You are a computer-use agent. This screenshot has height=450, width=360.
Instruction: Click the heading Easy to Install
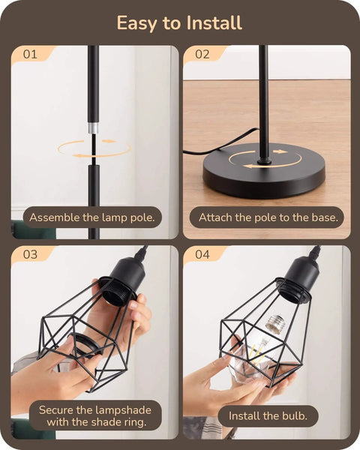pyautogui.click(x=179, y=23)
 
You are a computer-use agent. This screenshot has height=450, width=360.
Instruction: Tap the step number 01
pyautogui.click(x=30, y=55)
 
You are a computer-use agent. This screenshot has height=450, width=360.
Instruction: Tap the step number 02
pyautogui.click(x=202, y=55)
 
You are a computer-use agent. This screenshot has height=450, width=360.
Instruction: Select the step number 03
pyautogui.click(x=30, y=254)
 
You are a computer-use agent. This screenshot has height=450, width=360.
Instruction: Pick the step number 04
pyautogui.click(x=202, y=254)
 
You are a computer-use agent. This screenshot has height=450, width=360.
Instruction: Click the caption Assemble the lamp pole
pyautogui.click(x=92, y=218)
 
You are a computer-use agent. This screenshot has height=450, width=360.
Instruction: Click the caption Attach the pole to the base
pyautogui.click(x=267, y=218)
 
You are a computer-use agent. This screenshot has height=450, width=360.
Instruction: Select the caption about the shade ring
pyautogui.click(x=94, y=415)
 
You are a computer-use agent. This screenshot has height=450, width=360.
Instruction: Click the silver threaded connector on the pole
pyautogui.click(x=93, y=127)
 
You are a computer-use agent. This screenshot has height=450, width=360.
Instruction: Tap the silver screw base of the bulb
pyautogui.click(x=274, y=325)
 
